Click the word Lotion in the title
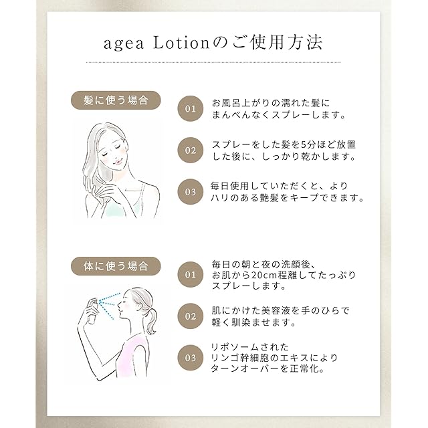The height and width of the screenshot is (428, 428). (x=181, y=43)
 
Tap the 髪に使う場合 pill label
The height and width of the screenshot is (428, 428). (x=116, y=100)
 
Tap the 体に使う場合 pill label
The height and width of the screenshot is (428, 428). (x=116, y=266)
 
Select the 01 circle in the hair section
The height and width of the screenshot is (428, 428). (x=191, y=108)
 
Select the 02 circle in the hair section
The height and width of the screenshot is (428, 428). (x=191, y=150)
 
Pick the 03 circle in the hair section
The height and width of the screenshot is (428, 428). (x=191, y=192)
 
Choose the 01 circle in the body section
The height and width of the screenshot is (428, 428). (x=191, y=275)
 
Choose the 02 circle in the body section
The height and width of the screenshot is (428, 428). (x=191, y=316)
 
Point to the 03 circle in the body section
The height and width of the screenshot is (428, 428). (x=191, y=358)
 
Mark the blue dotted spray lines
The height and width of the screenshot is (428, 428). (x=109, y=305)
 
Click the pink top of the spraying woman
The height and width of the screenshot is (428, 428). (x=130, y=355)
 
